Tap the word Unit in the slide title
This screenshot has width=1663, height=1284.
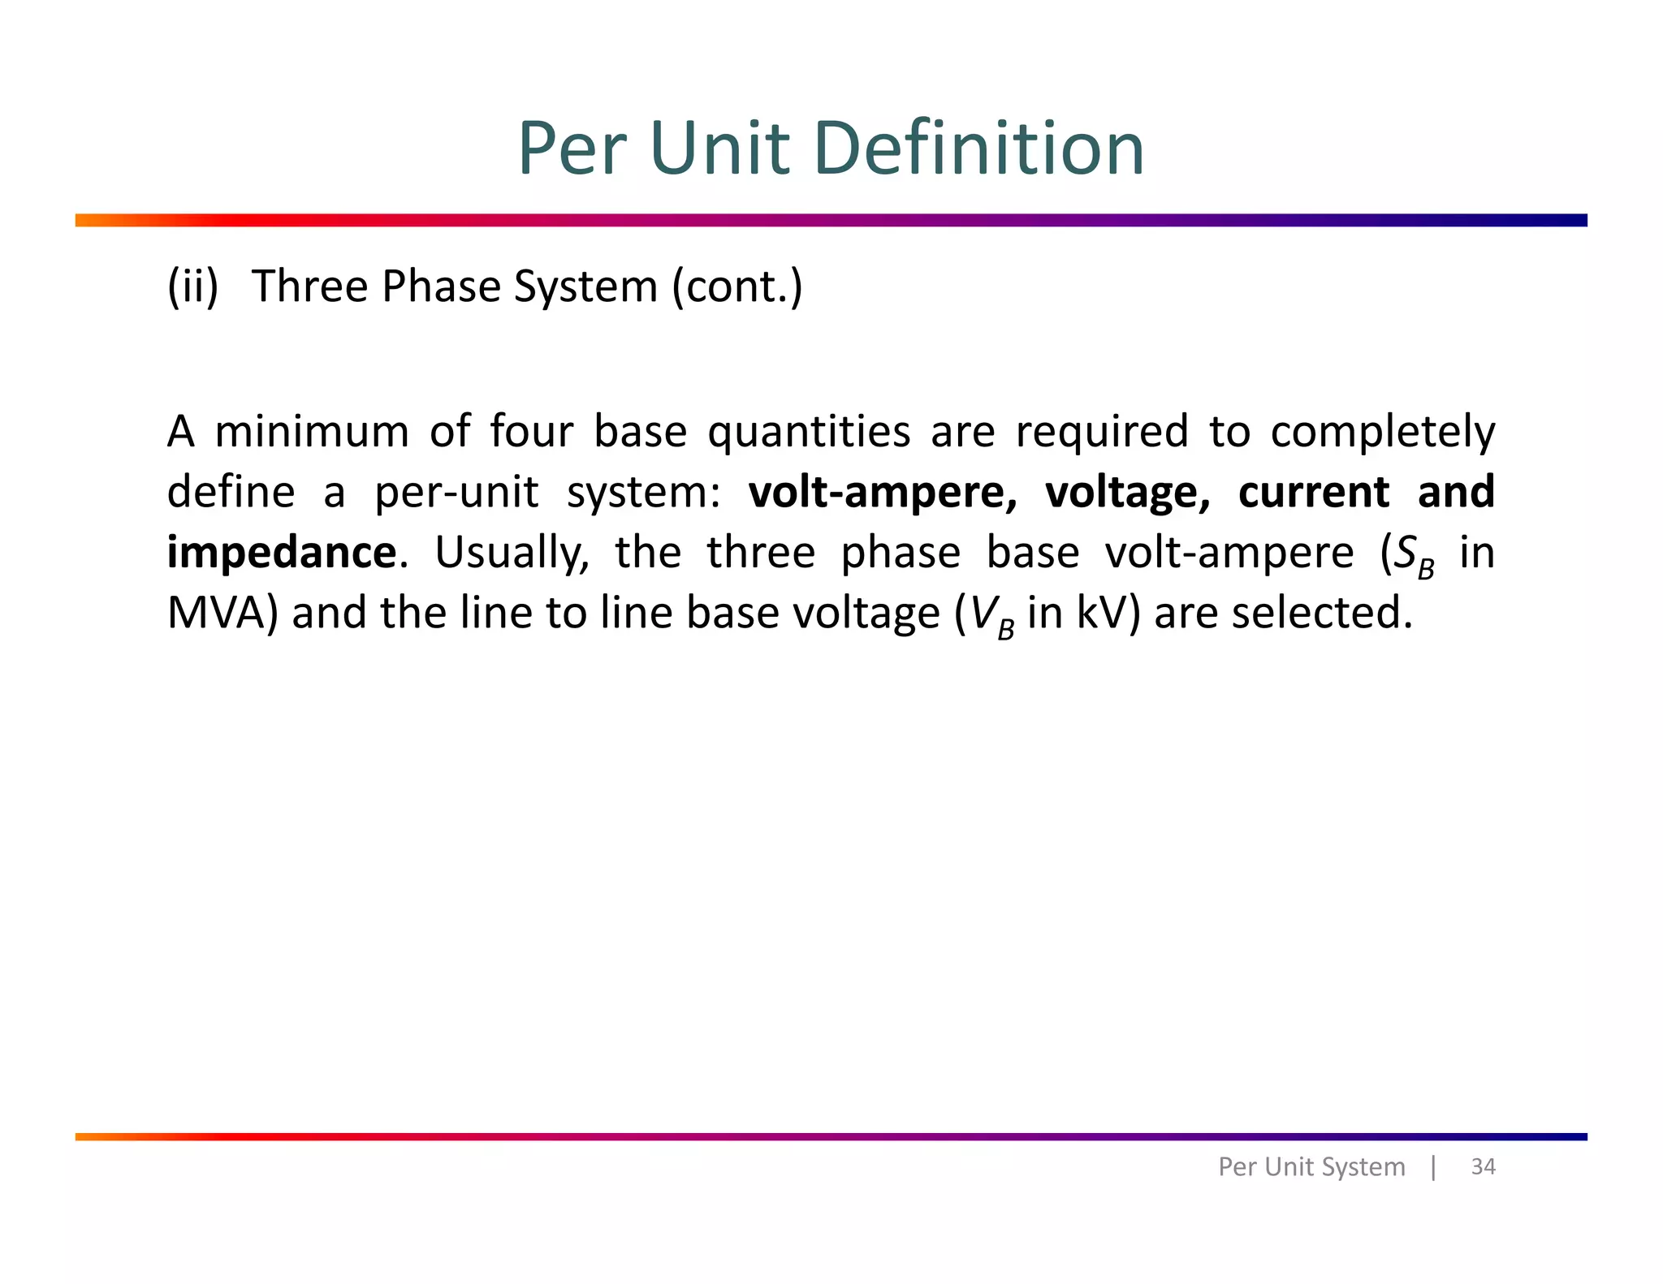tap(719, 149)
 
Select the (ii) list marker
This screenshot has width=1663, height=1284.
tap(192, 287)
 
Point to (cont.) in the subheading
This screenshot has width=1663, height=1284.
tap(737, 287)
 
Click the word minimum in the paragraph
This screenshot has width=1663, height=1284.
tap(312, 431)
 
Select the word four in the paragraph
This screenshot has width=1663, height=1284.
tap(531, 431)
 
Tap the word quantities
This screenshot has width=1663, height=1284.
tap(809, 433)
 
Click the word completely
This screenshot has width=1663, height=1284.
tap(1382, 433)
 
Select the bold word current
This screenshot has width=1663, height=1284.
tap(1314, 493)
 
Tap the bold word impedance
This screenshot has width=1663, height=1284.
tap(282, 554)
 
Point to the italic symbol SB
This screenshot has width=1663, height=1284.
tap(1414, 556)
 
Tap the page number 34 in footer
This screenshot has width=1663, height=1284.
tap(1483, 1166)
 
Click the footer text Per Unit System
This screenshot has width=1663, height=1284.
tap(1311, 1166)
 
